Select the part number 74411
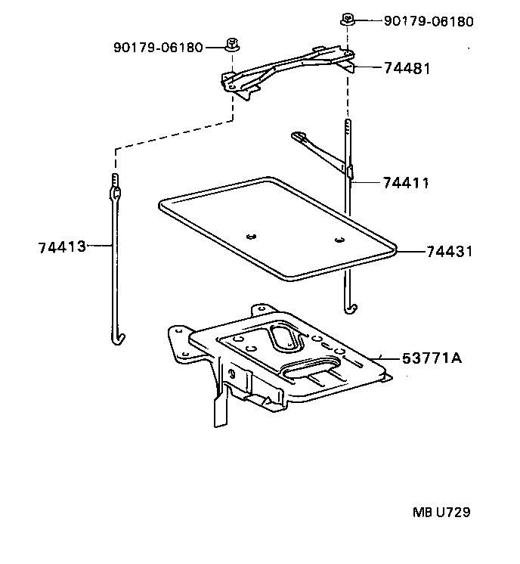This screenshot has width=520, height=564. (405, 183)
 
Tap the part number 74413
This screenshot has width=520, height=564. (60, 246)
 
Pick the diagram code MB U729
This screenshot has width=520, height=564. (441, 513)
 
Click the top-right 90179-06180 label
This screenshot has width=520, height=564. (429, 21)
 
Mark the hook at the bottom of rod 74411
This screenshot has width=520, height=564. (349, 307)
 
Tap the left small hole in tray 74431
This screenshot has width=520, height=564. (251, 234)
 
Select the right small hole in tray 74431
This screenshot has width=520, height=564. (339, 240)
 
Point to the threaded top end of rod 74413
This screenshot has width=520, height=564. (115, 180)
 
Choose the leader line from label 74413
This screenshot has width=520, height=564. (100, 246)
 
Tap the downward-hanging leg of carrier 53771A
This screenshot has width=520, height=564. (220, 408)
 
